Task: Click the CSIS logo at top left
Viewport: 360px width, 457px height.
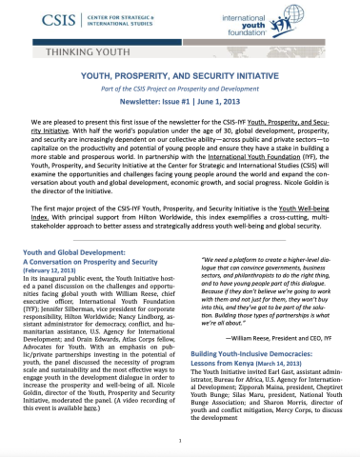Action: point(43,21)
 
